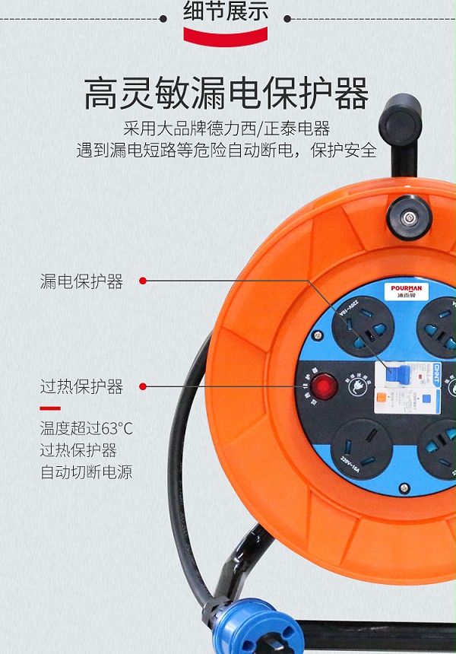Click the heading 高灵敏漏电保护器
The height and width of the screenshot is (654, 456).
226,94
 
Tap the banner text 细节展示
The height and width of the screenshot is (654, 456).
226,12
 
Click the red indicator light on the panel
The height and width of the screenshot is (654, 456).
326,386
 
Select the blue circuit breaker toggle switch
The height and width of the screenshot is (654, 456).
396,375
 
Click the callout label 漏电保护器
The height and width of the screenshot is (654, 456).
81,281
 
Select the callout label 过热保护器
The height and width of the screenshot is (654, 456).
81,386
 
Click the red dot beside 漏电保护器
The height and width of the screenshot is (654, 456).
142,281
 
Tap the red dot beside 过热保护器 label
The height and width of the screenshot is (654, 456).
142,386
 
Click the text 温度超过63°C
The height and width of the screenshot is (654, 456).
86,429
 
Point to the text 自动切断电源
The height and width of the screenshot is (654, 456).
86,472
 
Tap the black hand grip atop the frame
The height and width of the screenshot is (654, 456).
402,119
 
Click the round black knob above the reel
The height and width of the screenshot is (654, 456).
408,217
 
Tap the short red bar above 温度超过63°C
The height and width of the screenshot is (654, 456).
50,408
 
